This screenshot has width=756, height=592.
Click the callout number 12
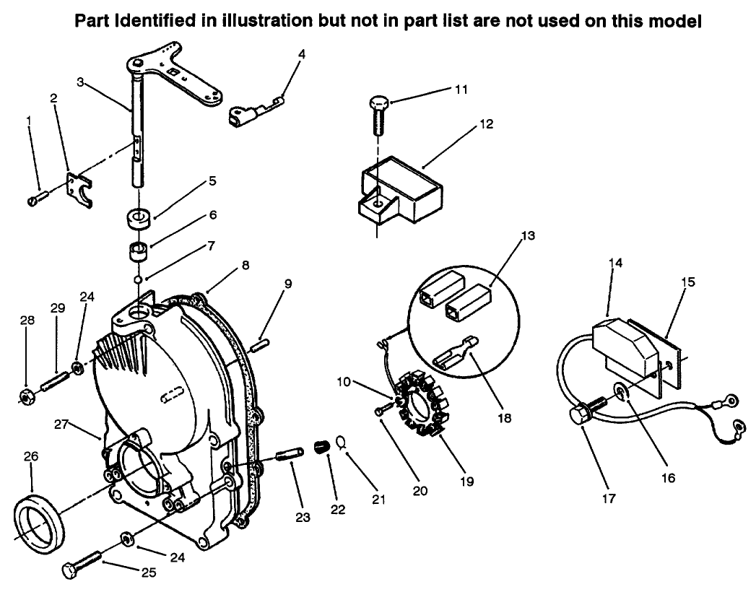pyautogui.click(x=485, y=123)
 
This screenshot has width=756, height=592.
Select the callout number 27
pyautogui.click(x=60, y=425)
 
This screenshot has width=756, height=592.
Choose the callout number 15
pyautogui.click(x=688, y=282)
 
